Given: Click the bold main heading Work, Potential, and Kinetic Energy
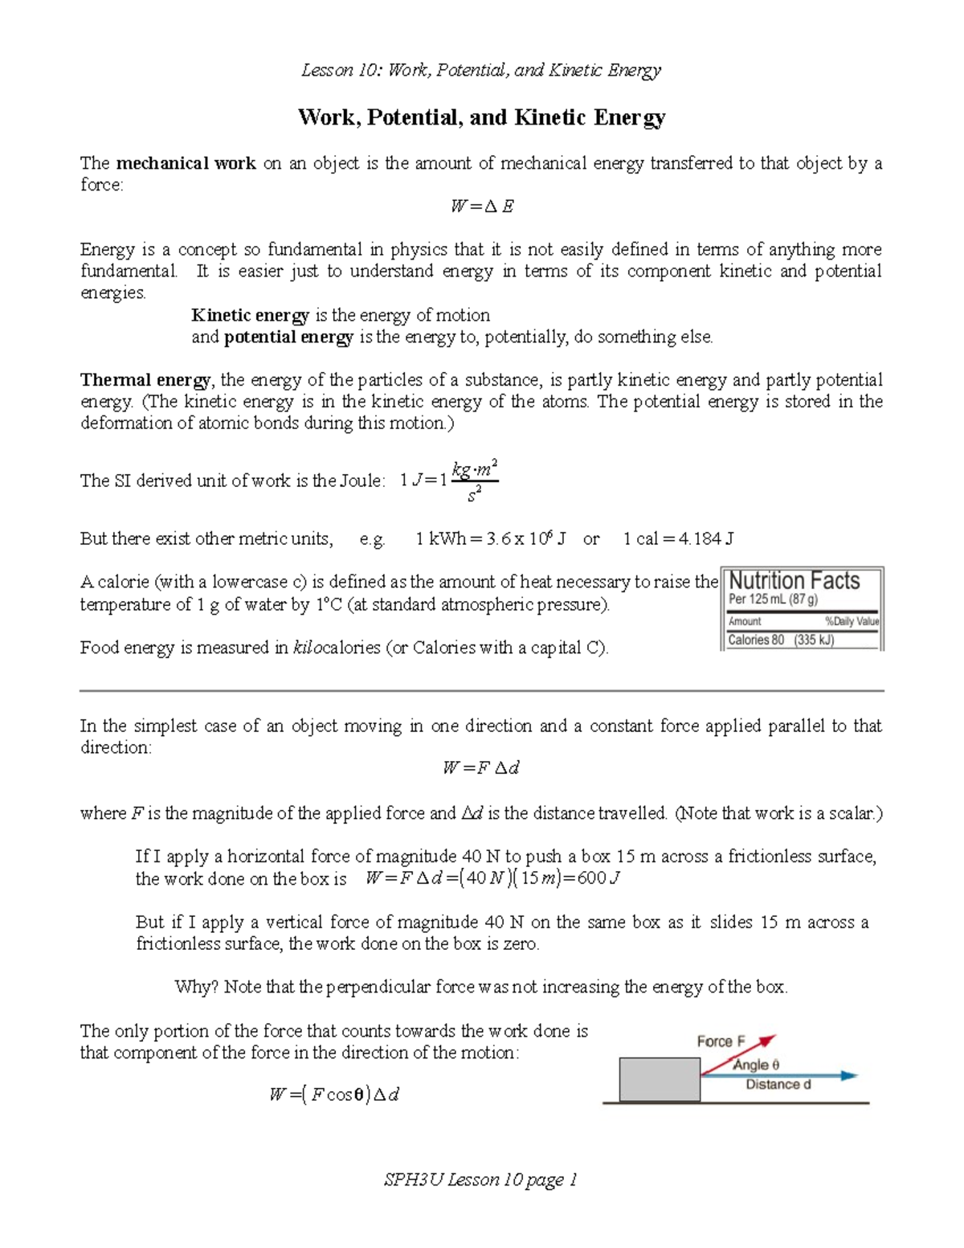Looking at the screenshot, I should coord(481,118).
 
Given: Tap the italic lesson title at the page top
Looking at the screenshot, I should coord(481,71).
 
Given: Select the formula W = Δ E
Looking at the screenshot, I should coord(482,207).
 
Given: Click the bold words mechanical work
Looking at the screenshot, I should coord(186,164).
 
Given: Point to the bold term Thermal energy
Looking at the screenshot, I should coord(145,380).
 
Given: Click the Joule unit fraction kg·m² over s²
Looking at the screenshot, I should coord(475,481).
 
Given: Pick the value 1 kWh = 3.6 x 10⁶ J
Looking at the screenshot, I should coord(491,539).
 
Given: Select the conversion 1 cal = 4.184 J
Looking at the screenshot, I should coord(678,539).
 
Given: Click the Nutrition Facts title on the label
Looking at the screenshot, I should coord(794,581).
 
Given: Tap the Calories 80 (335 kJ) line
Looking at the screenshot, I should coord(781,640).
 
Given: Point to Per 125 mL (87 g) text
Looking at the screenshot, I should coord(773,599).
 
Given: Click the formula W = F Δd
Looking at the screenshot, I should coord(481,768).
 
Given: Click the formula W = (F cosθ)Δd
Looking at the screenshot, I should coord(334,1095).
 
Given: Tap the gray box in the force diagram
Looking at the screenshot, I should coord(660,1079).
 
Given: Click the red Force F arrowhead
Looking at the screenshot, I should coord(768,1041).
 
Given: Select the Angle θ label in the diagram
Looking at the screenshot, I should coord(756,1065).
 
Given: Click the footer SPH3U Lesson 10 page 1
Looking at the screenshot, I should coord(481,1180).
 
